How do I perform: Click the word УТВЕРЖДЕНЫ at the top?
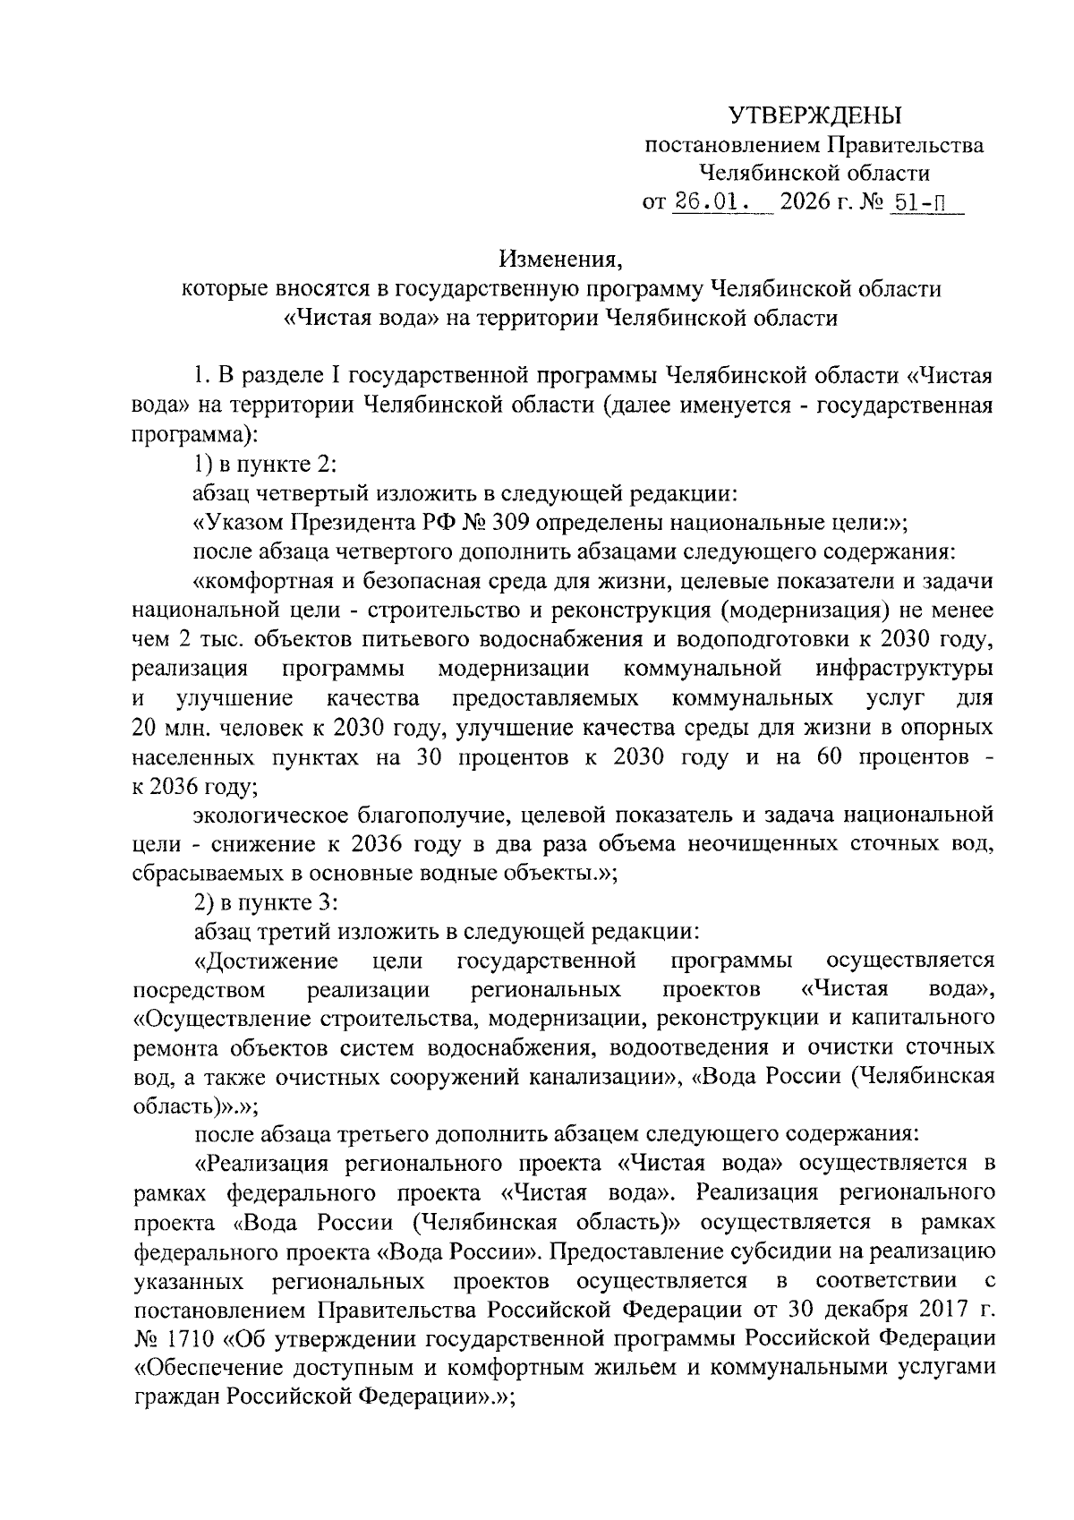tap(814, 115)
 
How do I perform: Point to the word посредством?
tap(199, 990)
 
